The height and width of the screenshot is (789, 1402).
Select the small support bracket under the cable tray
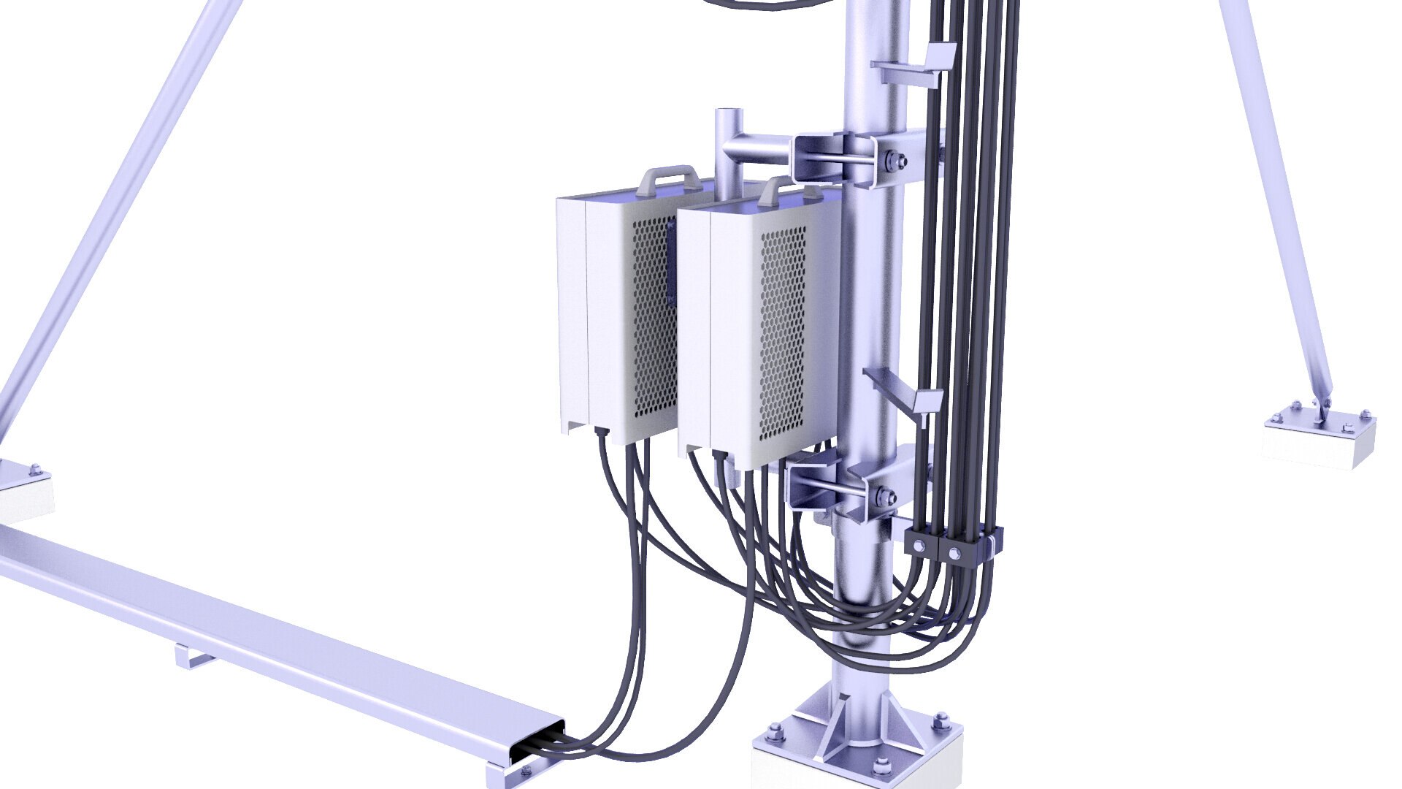tap(192, 655)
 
